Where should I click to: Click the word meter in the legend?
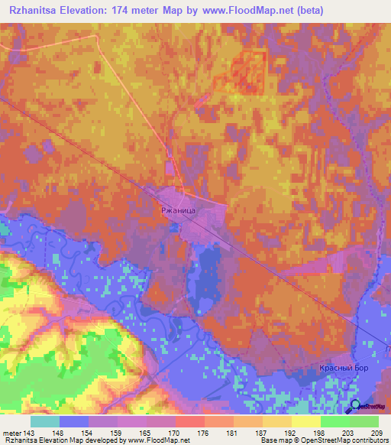(15, 434)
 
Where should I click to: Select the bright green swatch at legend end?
(364, 421)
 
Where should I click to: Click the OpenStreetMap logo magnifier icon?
(355, 406)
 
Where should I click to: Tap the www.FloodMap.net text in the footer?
(157, 441)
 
